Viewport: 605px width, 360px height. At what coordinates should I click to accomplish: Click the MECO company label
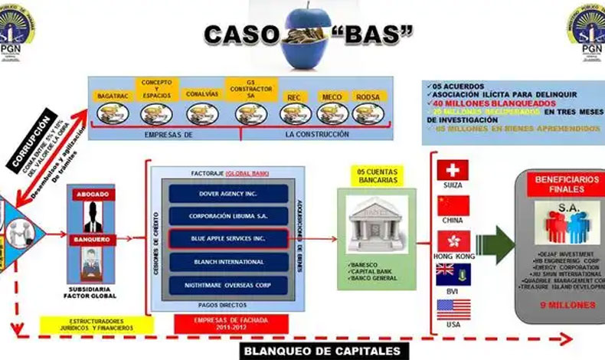[332, 97]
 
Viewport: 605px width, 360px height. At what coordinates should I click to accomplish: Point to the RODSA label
[368, 97]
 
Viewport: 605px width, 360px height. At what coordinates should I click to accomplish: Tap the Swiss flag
[453, 170]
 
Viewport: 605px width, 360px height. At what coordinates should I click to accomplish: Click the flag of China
[453, 205]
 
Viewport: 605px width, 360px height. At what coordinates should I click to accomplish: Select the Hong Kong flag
[453, 241]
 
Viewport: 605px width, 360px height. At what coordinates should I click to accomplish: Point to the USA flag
[453, 309]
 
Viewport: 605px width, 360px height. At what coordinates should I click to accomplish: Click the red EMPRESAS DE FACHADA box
[220, 324]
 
